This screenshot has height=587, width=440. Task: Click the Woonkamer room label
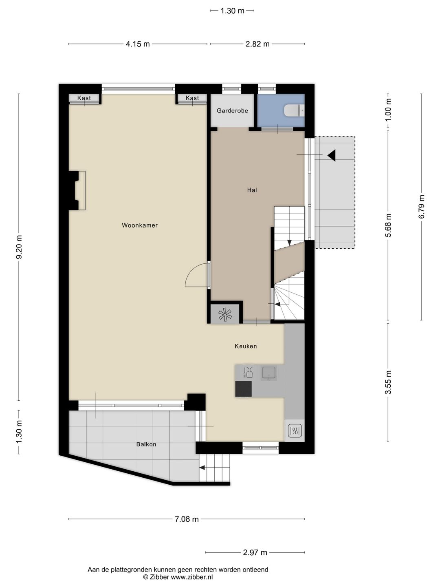click(x=139, y=225)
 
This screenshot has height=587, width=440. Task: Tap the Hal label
click(x=252, y=190)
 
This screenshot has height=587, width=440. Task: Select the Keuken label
click(x=246, y=346)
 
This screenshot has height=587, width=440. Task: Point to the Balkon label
click(x=146, y=444)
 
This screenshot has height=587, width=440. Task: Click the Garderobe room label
click(x=232, y=110)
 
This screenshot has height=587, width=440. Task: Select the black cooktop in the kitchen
click(x=244, y=388)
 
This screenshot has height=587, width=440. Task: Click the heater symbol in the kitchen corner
click(x=294, y=430)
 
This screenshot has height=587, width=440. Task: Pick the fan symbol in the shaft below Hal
click(x=225, y=314)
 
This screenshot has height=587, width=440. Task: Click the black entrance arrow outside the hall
click(x=331, y=155)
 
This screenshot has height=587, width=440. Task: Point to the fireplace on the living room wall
click(x=77, y=190)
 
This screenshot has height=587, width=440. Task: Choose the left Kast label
click(x=84, y=98)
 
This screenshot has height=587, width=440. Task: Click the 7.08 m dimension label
click(x=187, y=519)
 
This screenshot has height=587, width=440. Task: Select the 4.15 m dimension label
click(x=138, y=44)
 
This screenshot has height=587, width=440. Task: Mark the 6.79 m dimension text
click(x=422, y=207)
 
